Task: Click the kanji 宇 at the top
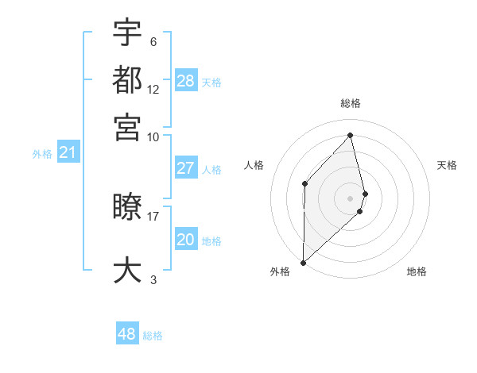coord(127,33)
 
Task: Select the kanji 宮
coord(127,126)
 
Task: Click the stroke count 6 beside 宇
coord(153,42)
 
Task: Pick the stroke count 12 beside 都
coord(153,90)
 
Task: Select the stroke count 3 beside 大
coord(153,279)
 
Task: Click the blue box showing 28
coord(186,81)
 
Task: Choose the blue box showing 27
coord(186,168)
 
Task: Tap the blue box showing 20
coord(186,240)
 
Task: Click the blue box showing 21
coord(67,152)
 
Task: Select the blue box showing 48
coord(127,334)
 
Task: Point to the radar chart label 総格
coord(351,103)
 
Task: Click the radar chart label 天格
coord(447,165)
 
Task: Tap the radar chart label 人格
coord(254,165)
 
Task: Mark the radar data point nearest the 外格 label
coord(303,262)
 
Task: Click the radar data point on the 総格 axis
coord(351,135)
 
